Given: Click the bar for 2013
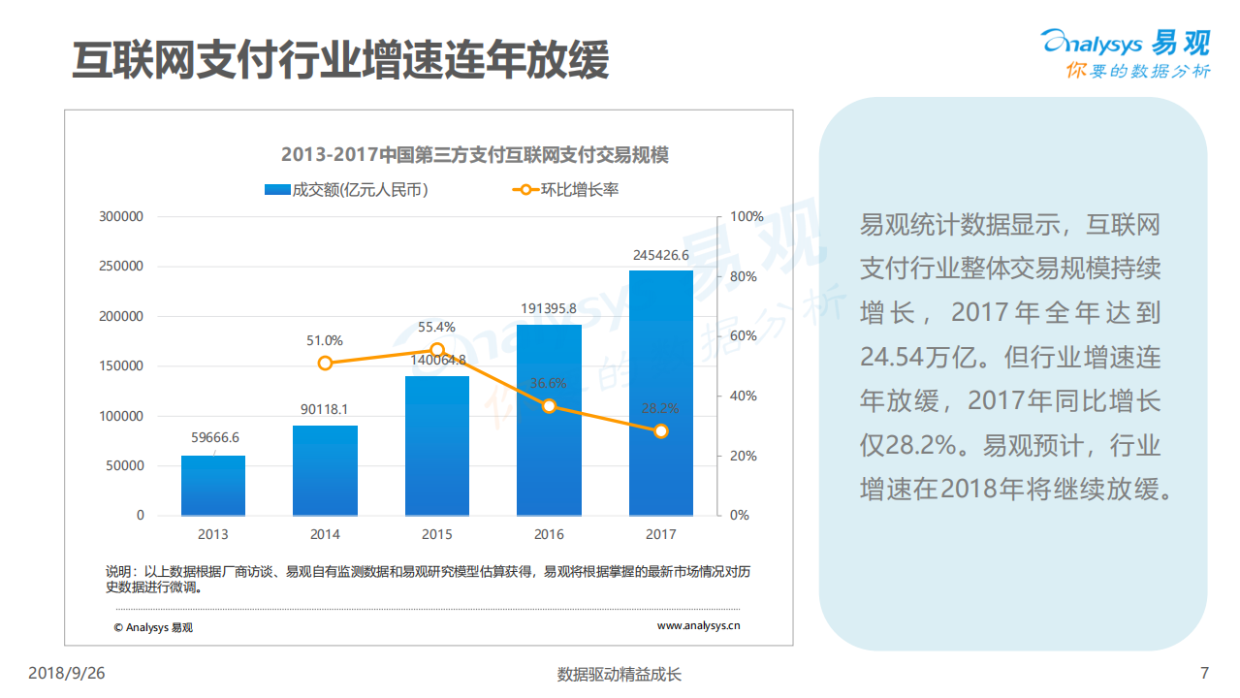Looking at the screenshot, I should (212, 485).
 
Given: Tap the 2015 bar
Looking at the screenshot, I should (436, 445).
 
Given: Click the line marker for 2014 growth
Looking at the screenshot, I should (325, 363).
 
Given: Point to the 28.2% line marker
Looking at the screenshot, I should (660, 430).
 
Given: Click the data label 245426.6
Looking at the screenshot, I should (660, 256).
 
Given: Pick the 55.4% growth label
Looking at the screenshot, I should (436, 328).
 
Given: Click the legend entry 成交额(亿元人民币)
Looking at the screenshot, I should (347, 190).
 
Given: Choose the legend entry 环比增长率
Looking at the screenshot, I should (567, 190).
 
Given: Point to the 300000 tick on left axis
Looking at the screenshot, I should (121, 217).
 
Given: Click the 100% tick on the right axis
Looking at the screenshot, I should (747, 217).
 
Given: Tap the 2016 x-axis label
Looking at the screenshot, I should (549, 534).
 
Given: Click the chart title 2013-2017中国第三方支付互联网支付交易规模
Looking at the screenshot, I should (475, 155).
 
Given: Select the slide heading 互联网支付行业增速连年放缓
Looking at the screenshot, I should (340, 60).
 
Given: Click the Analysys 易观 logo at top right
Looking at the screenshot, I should (1125, 53).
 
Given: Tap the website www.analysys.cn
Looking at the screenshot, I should (698, 626).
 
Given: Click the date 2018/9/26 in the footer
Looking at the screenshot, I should (66, 674).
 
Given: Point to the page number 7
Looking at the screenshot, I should (1204, 674).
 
